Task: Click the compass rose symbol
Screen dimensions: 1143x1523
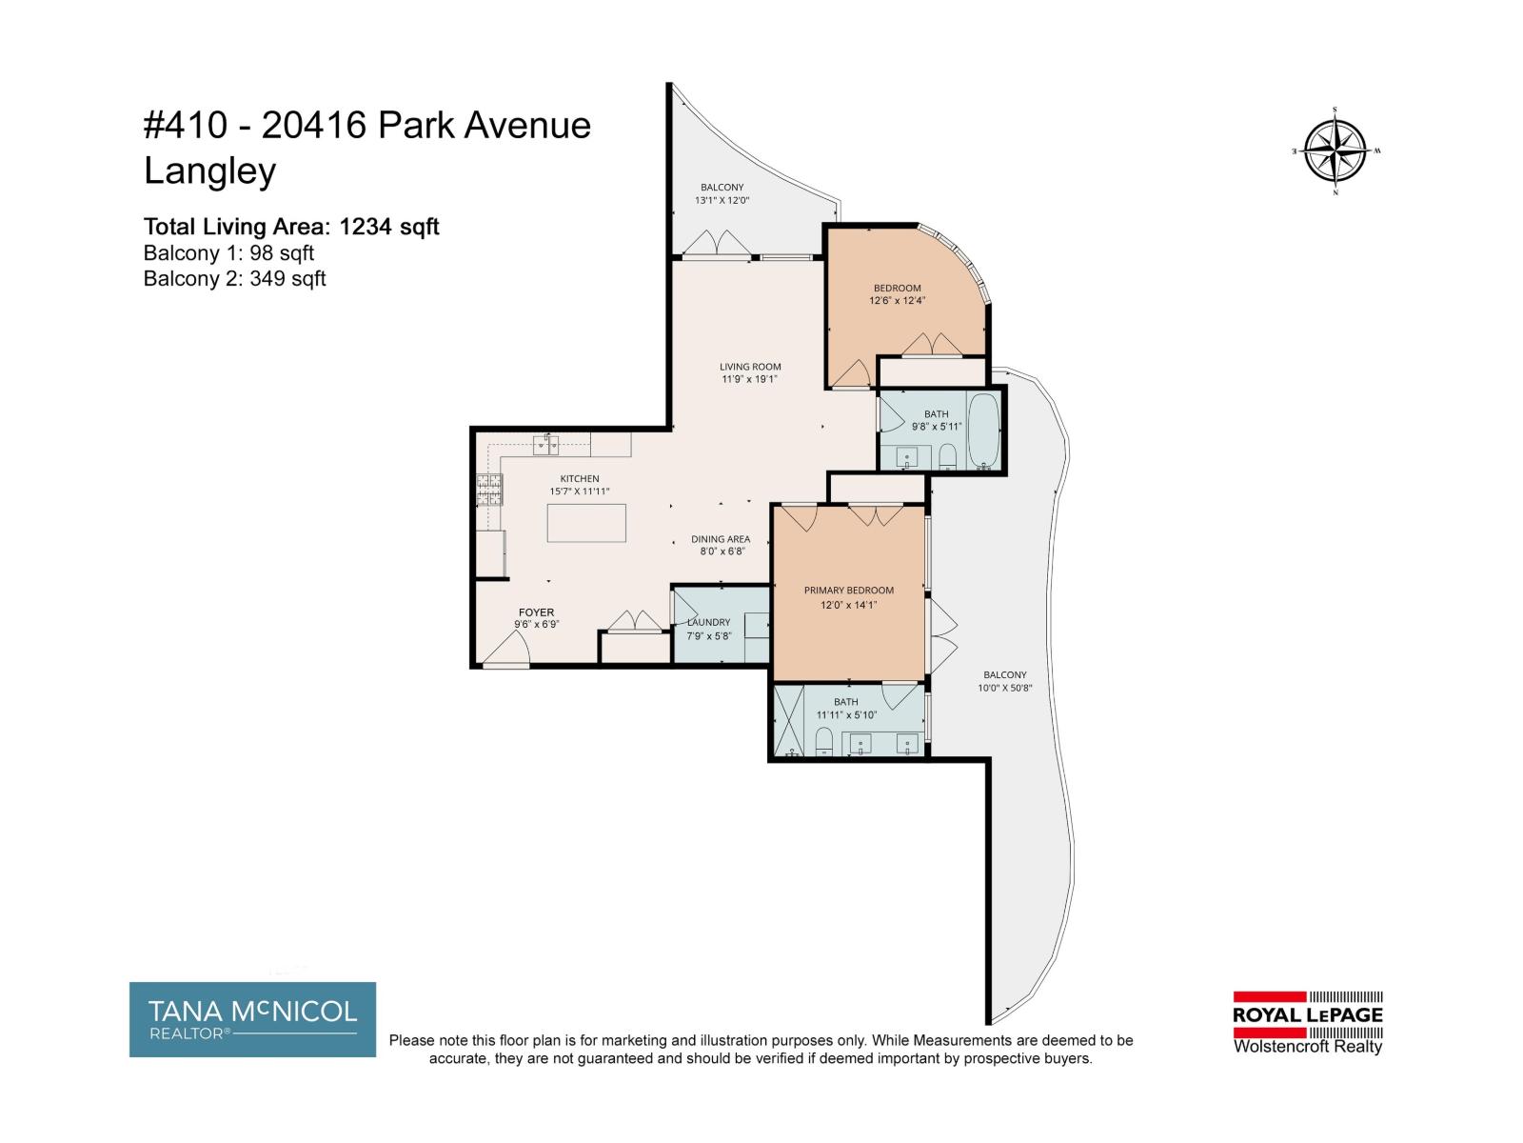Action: coord(1335,151)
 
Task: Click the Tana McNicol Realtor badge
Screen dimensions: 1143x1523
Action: coord(252,1019)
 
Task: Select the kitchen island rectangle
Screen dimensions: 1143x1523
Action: coord(586,523)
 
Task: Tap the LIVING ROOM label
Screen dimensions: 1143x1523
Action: coord(750,367)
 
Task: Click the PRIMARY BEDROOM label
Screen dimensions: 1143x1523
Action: coord(848,591)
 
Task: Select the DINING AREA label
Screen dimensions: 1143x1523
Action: coord(720,539)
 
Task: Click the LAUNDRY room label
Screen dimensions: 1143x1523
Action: coord(708,623)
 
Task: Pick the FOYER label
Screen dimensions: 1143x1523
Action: coord(536,612)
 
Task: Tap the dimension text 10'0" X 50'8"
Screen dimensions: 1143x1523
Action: coord(1004,688)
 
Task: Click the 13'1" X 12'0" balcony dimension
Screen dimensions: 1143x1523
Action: coord(722,201)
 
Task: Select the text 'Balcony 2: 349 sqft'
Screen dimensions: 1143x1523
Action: coord(234,278)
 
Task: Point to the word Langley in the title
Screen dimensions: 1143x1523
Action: coord(209,171)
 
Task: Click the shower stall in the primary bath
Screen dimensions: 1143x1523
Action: coord(789,721)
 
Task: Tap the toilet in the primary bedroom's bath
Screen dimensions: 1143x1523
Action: coord(824,741)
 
